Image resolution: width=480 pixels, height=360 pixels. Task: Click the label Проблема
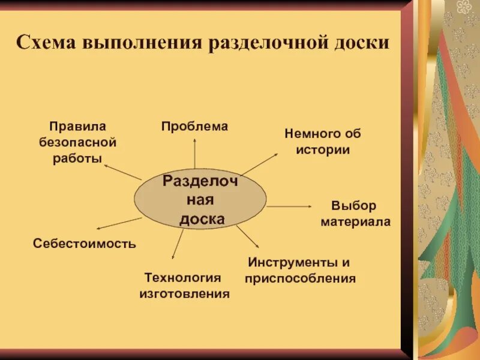[x=194, y=126]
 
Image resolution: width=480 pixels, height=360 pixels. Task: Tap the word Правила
[x=77, y=127]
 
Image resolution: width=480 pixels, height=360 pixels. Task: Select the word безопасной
[x=77, y=142]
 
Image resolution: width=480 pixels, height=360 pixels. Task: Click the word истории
[x=323, y=149]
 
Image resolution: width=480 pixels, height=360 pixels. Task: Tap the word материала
[x=355, y=221]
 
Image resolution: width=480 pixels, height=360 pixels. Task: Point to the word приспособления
[x=300, y=278]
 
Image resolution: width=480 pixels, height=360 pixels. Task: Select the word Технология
[x=183, y=278]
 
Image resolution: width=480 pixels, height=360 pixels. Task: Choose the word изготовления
[x=184, y=294]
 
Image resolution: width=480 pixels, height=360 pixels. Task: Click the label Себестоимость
[x=85, y=244]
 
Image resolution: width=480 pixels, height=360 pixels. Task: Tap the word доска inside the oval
[x=202, y=219]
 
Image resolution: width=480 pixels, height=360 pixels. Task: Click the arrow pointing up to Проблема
[x=194, y=153]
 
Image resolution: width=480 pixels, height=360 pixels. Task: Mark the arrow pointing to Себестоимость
[x=119, y=223]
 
